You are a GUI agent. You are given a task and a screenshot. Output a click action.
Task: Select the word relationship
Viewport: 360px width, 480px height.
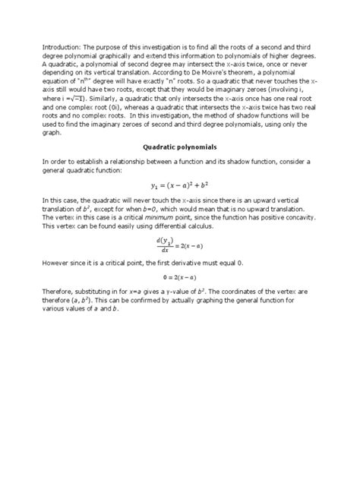(x=127, y=163)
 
